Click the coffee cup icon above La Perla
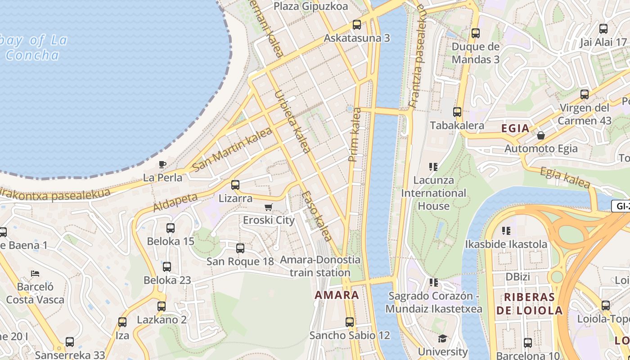[x=162, y=164]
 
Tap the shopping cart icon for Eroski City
[x=268, y=207]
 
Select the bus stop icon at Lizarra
[x=235, y=184]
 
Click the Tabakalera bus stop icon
[x=457, y=112]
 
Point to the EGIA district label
[x=515, y=128]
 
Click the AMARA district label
[x=337, y=295]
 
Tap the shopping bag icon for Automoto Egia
[x=541, y=135]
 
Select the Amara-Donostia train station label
[x=320, y=266]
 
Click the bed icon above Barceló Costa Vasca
[x=35, y=273]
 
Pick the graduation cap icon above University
[x=443, y=338]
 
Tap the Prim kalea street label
[x=355, y=135]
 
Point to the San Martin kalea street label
[x=232, y=149]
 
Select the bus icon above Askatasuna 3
[x=357, y=25]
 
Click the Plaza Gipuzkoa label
[x=311, y=6]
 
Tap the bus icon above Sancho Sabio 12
[x=350, y=322]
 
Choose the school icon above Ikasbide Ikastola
[x=506, y=231]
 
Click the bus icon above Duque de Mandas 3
[x=476, y=33]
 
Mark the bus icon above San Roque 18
[x=240, y=248]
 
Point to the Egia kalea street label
[x=564, y=177]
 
